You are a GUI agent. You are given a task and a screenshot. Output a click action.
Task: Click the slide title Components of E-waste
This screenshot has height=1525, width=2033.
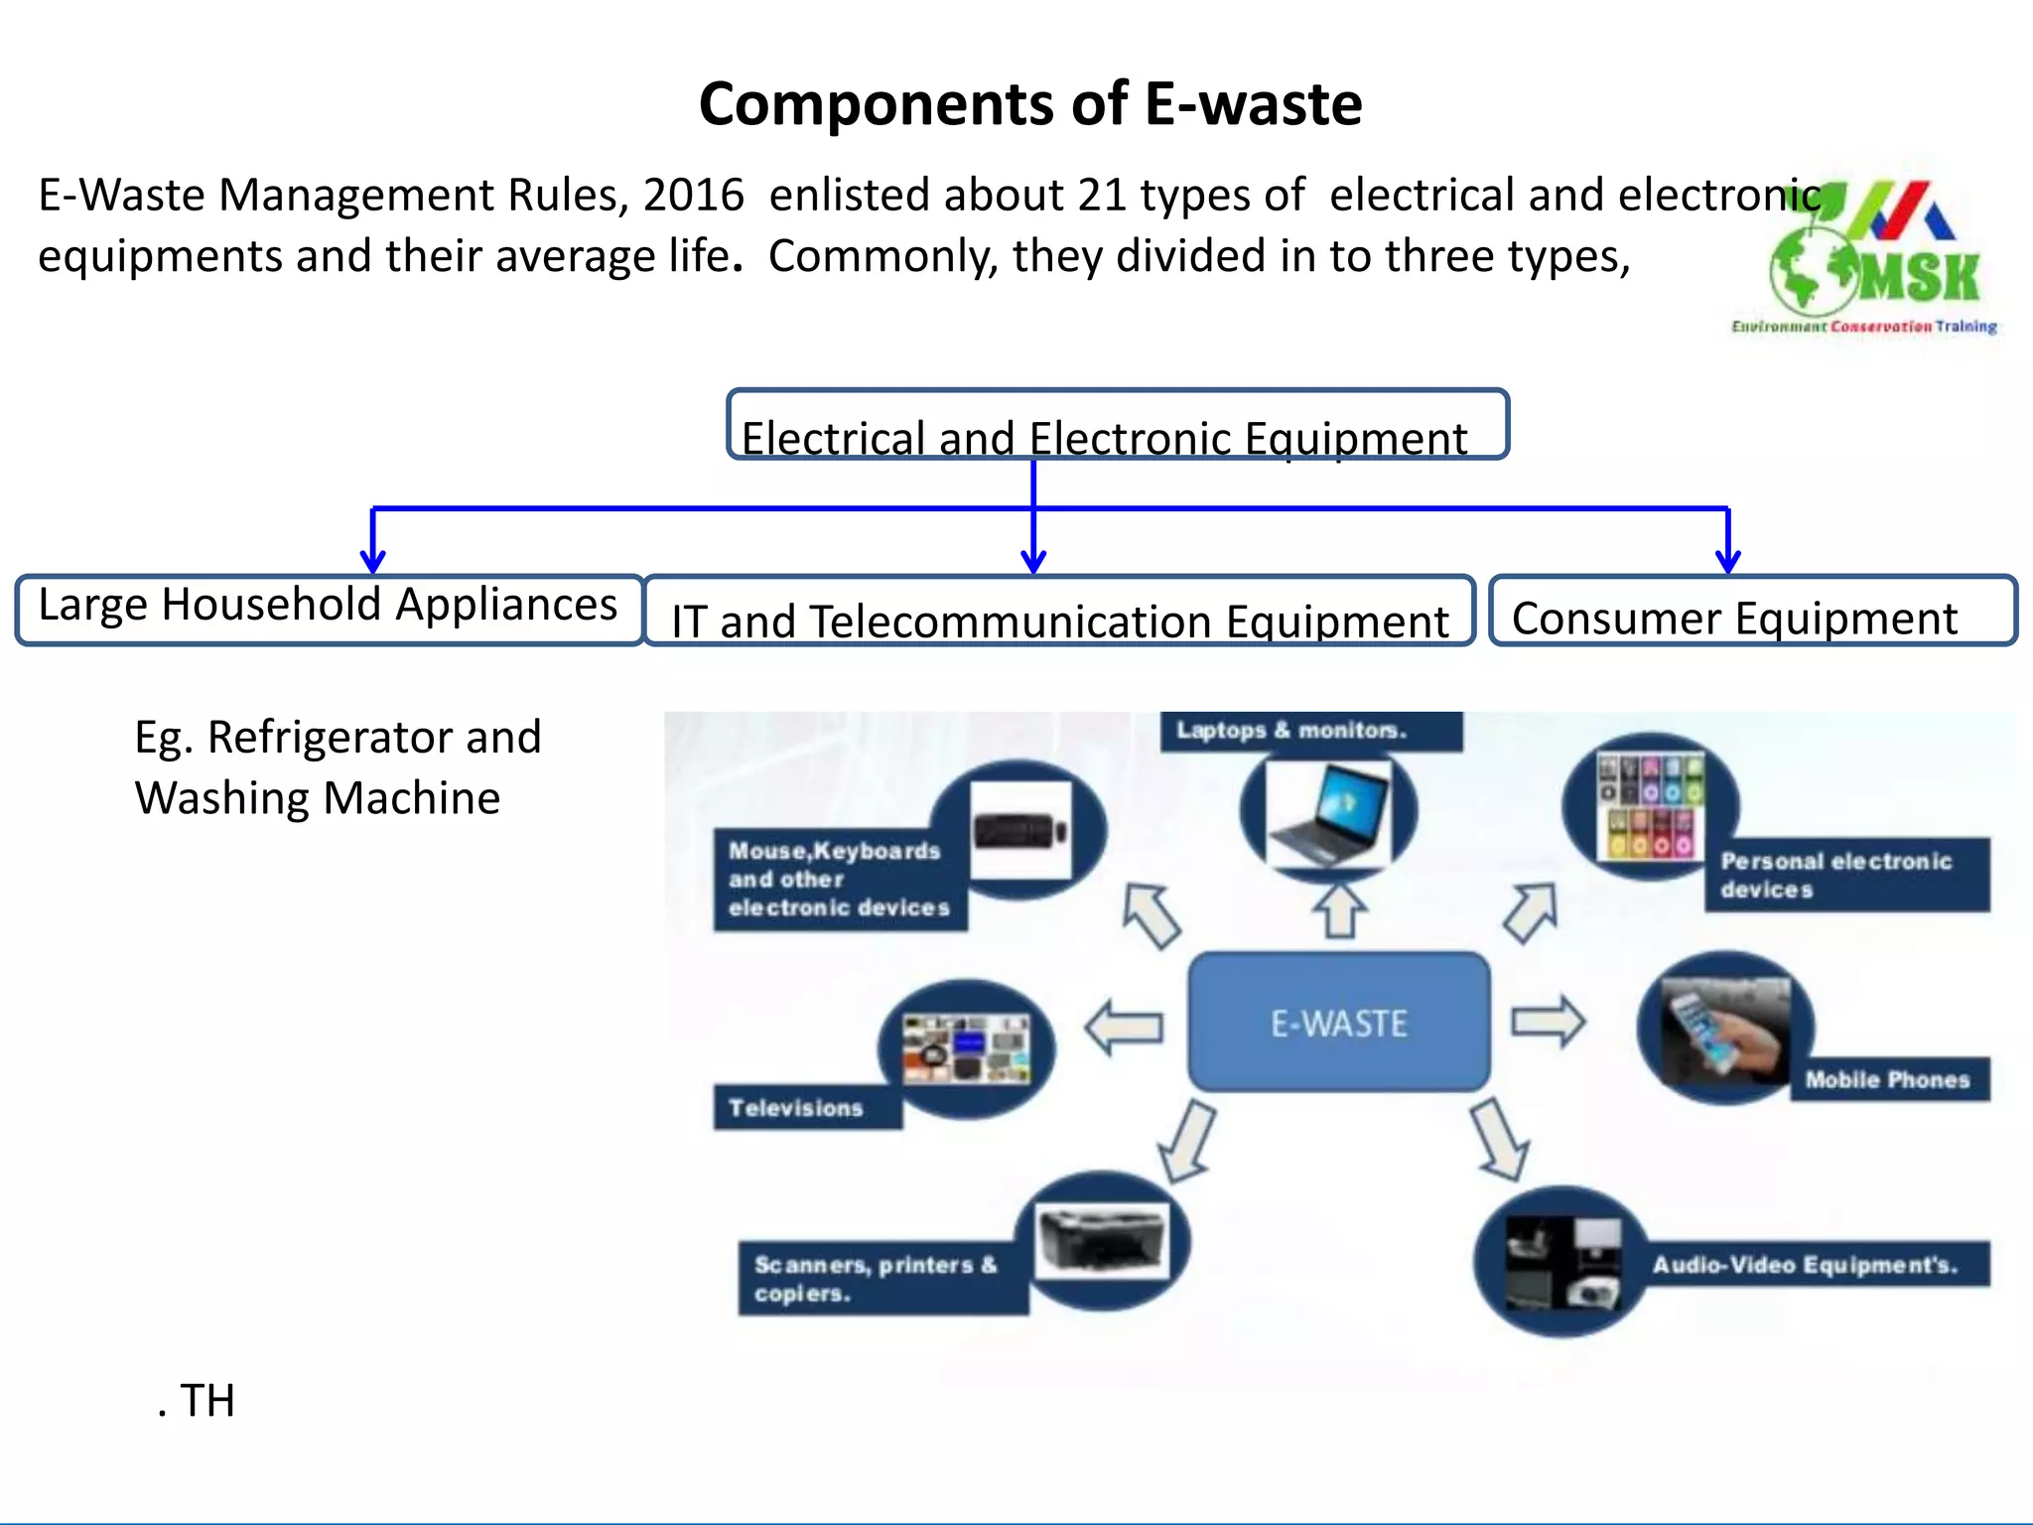point(1029,104)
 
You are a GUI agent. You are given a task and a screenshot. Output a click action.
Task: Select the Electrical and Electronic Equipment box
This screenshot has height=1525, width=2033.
point(1117,425)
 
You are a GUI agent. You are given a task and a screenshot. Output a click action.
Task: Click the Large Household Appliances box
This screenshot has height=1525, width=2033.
point(329,609)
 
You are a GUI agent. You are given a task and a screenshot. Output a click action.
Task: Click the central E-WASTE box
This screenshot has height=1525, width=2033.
point(1338,1023)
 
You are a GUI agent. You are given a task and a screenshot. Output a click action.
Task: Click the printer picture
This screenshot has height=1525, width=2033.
point(1102,1241)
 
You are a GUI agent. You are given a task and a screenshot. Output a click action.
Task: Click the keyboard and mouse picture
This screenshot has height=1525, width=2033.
point(1020,830)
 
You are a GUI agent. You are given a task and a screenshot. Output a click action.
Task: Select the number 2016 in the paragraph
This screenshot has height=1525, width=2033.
point(693,196)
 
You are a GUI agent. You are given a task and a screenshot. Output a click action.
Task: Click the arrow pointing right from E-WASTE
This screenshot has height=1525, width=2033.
point(1549,1022)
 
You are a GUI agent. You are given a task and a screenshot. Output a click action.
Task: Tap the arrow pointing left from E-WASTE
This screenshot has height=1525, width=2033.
point(1124,1027)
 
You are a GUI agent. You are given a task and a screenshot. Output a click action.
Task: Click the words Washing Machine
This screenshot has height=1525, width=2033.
point(318,798)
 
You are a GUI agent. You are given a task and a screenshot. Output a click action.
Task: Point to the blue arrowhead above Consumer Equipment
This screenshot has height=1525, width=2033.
point(1728,561)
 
